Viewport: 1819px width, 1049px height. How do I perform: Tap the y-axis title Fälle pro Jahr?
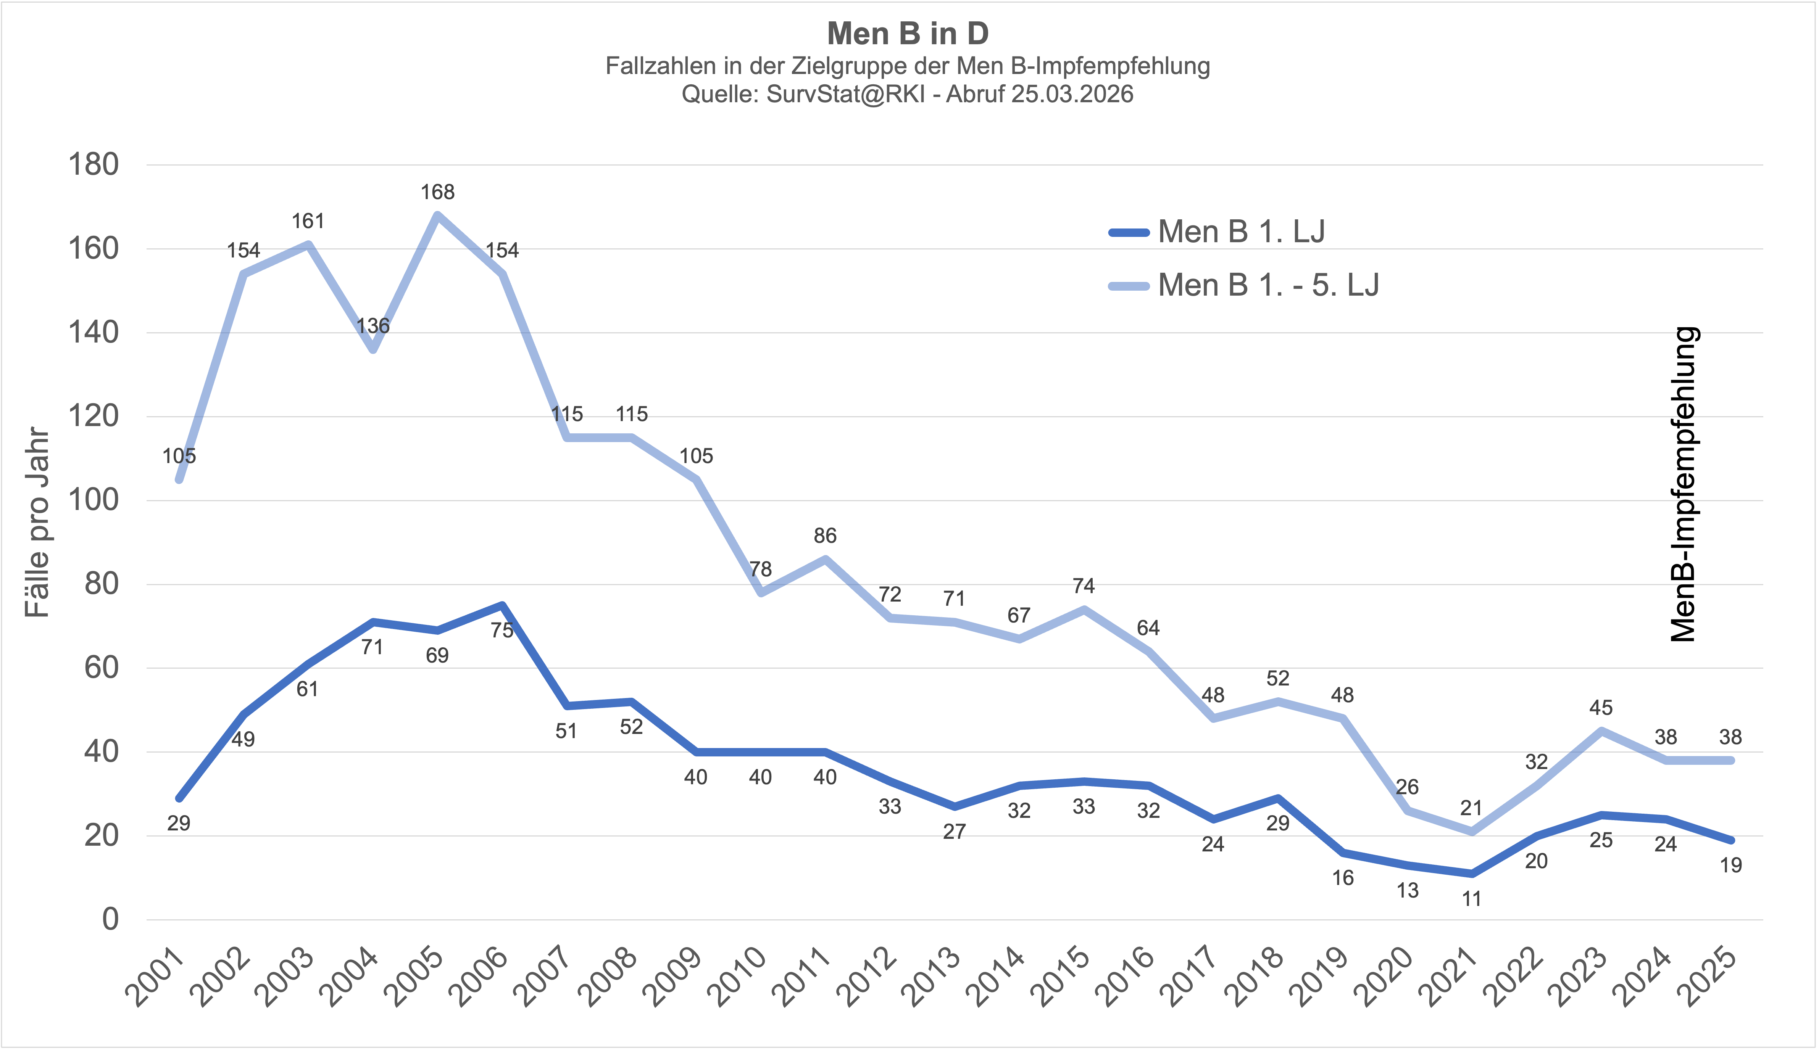37,523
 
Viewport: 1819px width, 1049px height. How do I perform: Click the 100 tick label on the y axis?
93,500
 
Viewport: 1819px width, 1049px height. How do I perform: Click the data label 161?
308,221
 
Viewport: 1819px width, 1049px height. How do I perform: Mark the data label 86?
825,536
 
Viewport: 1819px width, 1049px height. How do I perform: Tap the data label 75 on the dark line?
502,631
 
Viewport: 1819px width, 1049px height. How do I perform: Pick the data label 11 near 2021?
1472,899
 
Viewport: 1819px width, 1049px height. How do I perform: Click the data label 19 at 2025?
1730,865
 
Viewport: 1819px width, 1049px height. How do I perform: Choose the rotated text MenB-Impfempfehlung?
1684,484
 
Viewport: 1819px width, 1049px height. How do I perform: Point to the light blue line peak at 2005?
437,215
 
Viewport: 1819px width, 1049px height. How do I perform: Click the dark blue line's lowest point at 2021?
1472,874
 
